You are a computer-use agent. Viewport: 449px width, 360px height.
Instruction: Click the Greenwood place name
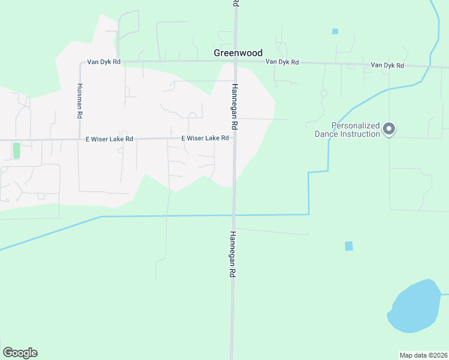tap(238, 53)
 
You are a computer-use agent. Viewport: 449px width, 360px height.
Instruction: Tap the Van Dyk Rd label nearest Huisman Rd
tap(104, 62)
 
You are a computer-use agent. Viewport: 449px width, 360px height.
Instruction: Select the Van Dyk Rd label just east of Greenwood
tap(282, 62)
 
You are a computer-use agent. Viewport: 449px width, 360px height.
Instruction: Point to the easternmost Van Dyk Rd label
tap(387, 65)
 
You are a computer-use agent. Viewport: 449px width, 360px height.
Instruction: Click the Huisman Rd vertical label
tap(80, 100)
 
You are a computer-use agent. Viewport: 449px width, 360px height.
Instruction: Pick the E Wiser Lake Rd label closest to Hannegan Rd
tap(205, 138)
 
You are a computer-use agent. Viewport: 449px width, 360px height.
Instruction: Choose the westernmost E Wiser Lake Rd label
tap(109, 139)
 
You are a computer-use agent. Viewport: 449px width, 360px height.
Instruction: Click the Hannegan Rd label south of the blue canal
tap(234, 254)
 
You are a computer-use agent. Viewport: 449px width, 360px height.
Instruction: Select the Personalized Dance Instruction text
tap(348, 130)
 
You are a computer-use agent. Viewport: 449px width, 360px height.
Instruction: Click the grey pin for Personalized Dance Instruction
tap(389, 128)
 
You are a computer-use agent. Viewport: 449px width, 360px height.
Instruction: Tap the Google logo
tap(20, 353)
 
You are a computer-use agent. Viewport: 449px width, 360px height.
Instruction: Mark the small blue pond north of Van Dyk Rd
tap(335, 31)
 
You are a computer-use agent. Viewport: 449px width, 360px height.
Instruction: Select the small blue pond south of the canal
tap(349, 246)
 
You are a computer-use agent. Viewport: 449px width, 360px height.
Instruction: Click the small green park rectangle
tap(16, 150)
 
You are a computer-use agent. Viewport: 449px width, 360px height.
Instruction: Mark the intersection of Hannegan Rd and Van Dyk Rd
tap(235, 62)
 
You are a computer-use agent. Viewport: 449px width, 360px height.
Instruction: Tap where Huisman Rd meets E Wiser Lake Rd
tap(80, 140)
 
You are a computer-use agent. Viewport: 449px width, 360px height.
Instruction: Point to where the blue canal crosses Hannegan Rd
tap(234, 215)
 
